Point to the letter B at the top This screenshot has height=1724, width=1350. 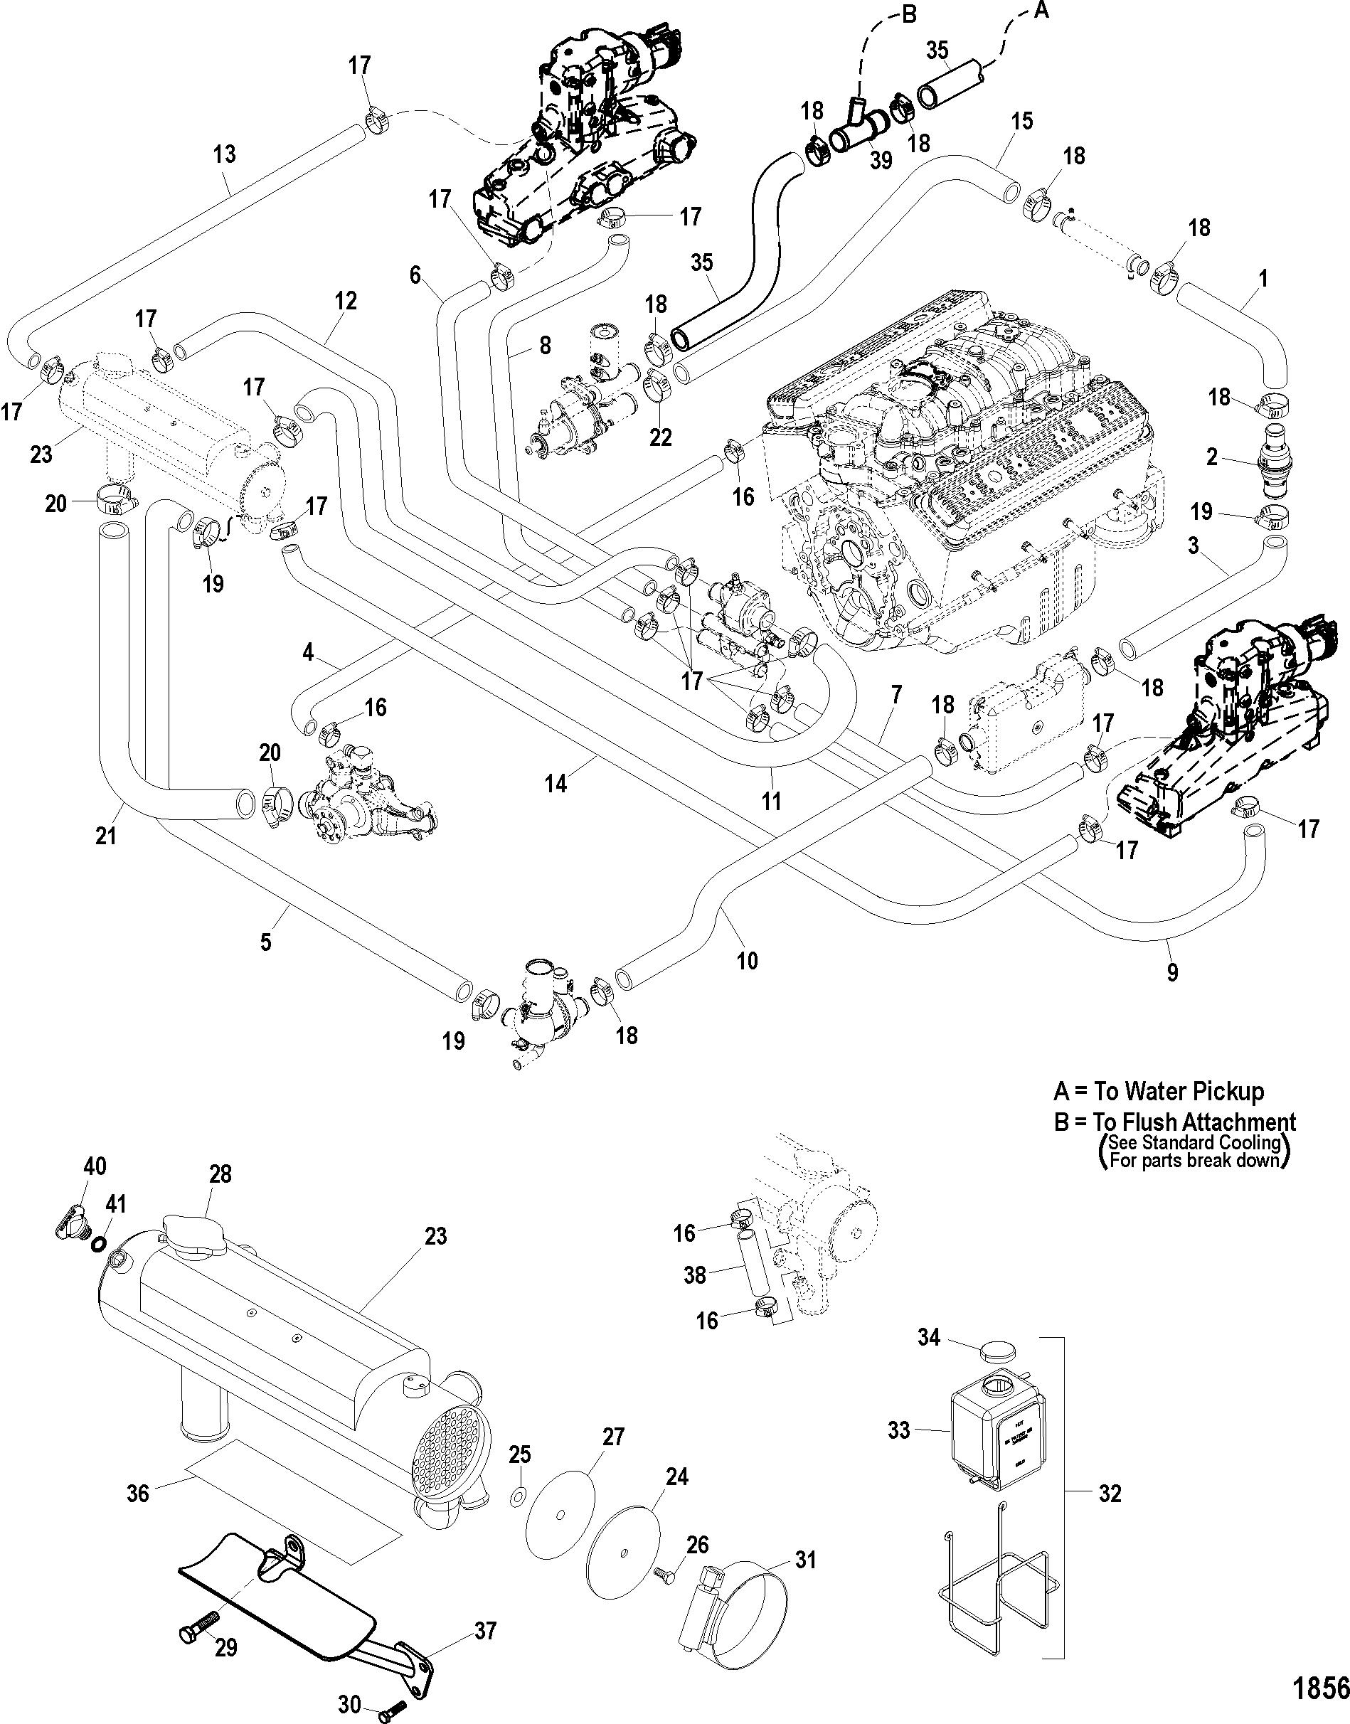coord(909,15)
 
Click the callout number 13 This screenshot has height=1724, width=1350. coord(225,154)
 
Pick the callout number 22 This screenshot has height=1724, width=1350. coord(660,437)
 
